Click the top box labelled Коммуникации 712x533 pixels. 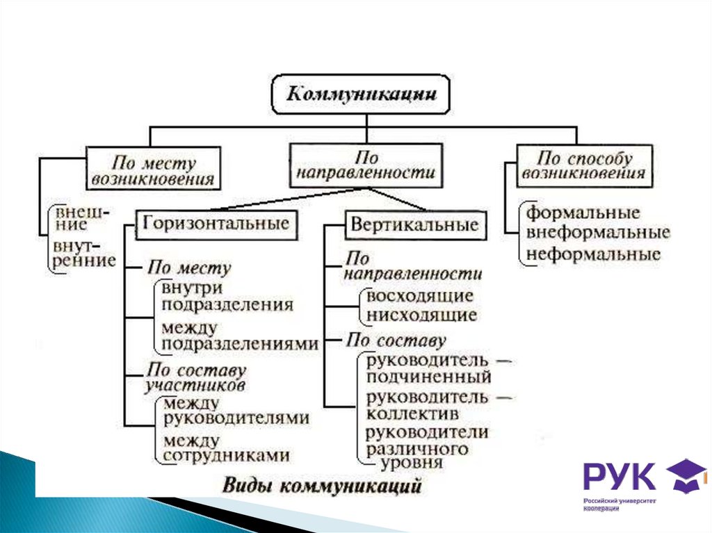point(362,94)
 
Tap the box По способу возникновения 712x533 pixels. point(584,165)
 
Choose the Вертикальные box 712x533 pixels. point(414,224)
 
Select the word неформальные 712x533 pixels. point(593,254)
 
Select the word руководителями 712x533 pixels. point(236,418)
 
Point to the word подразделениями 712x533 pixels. point(239,343)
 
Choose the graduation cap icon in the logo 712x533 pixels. point(685,474)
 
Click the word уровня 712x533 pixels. point(411,463)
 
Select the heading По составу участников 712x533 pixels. point(195,377)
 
